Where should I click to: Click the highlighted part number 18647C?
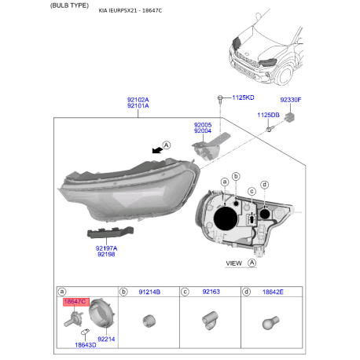(75, 302)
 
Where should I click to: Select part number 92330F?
(291, 100)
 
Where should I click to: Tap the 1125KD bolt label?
(243, 97)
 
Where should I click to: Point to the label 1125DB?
(268, 115)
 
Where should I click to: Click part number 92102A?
(138, 100)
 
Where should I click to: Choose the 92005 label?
(203, 125)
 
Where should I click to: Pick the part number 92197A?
(106, 248)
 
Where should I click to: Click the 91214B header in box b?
(149, 292)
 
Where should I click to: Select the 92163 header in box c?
(211, 292)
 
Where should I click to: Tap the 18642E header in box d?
(273, 292)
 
